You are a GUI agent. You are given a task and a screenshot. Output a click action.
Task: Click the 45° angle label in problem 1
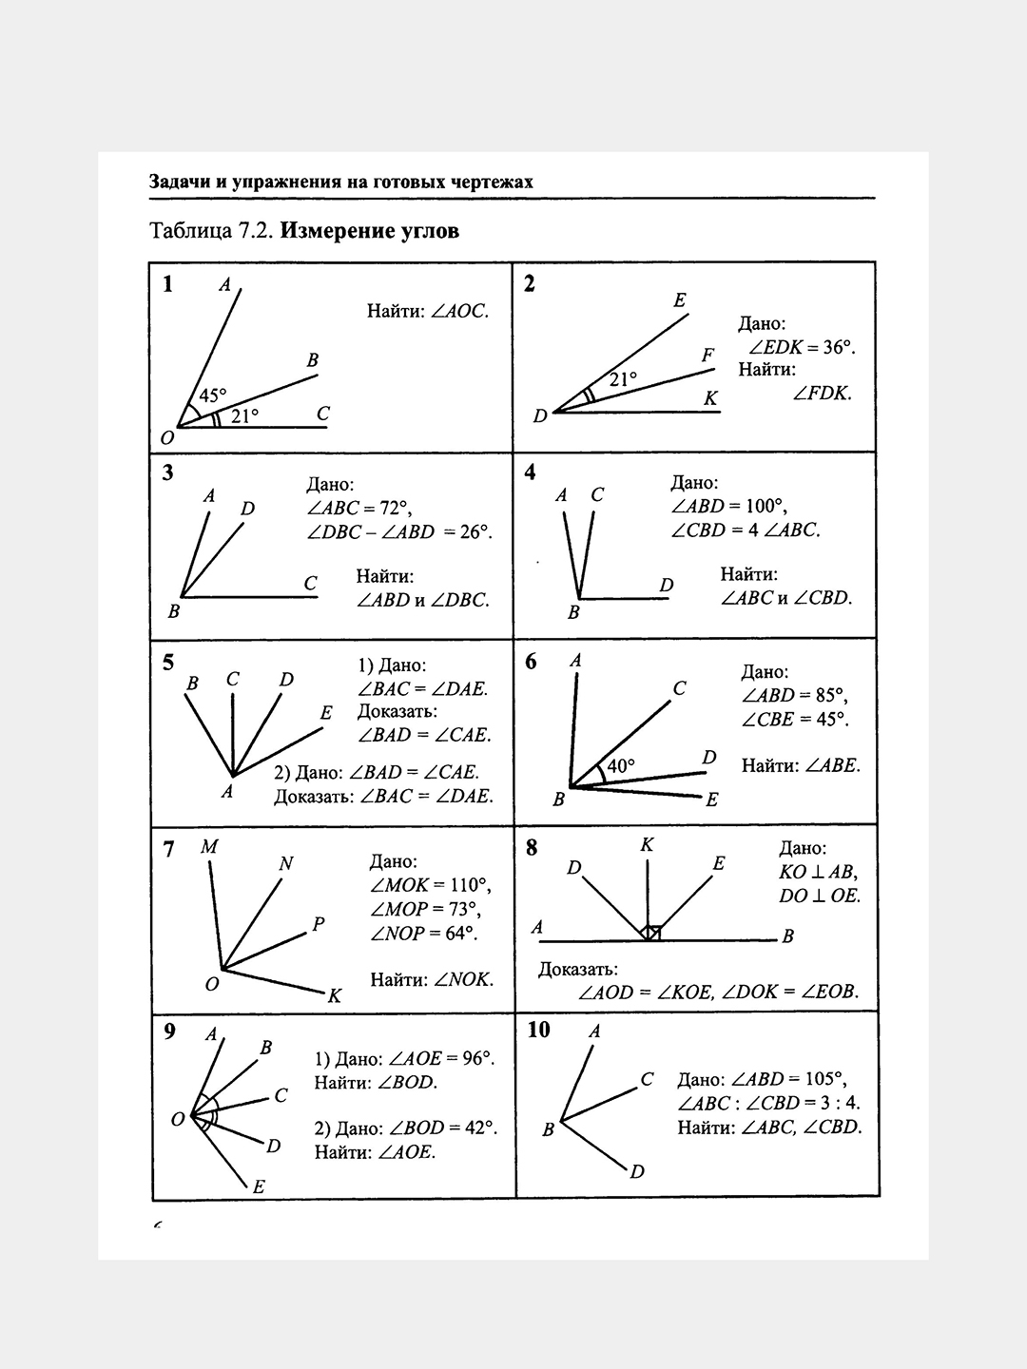pyautogui.click(x=213, y=395)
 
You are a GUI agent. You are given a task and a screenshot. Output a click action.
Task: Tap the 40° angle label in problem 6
pyautogui.click(x=620, y=764)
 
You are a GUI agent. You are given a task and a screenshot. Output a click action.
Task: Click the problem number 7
pyautogui.click(x=168, y=849)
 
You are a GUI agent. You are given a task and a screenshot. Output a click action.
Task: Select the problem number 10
pyautogui.click(x=538, y=1031)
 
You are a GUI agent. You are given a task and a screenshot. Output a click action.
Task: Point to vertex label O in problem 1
pyautogui.click(x=167, y=438)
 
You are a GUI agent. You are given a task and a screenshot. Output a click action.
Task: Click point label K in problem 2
pyautogui.click(x=710, y=398)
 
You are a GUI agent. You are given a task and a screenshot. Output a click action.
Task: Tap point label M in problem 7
pyautogui.click(x=209, y=846)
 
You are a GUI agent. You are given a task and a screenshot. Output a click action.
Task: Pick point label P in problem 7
pyautogui.click(x=318, y=923)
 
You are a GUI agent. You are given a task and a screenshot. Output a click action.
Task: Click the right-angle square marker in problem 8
pyautogui.click(x=651, y=933)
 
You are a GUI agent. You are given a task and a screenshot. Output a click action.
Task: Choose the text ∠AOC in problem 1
pyautogui.click(x=460, y=311)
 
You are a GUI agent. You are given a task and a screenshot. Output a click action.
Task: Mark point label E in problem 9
pyautogui.click(x=259, y=1186)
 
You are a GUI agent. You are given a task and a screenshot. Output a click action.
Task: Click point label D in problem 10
pyautogui.click(x=637, y=1171)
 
